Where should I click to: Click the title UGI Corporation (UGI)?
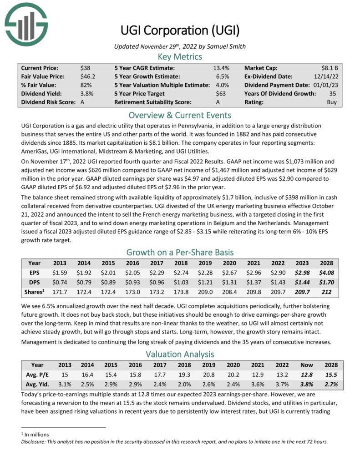pos(180,30)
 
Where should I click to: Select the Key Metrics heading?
pos(180,56)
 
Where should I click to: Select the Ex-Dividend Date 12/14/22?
pos(326,76)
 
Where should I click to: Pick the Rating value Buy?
pos(332,102)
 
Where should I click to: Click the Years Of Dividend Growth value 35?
pos(333,93)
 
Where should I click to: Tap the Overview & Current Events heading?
pos(180,115)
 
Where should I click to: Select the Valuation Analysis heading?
pos(180,354)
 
